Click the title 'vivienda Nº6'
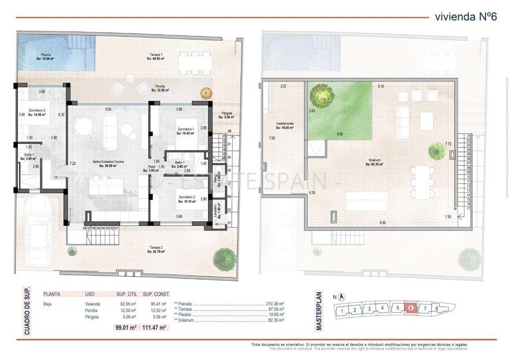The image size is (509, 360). (x=465, y=16)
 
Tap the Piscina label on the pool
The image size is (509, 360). (x=46, y=57)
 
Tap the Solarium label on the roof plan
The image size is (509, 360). (x=374, y=162)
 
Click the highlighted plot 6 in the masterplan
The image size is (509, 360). (x=411, y=309)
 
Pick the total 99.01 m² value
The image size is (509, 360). (x=125, y=328)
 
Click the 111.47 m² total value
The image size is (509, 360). (x=154, y=328)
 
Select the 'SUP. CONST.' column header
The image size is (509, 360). (x=156, y=294)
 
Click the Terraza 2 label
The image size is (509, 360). (x=155, y=249)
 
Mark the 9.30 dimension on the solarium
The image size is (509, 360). (x=382, y=222)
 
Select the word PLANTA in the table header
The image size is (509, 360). (x=52, y=294)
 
